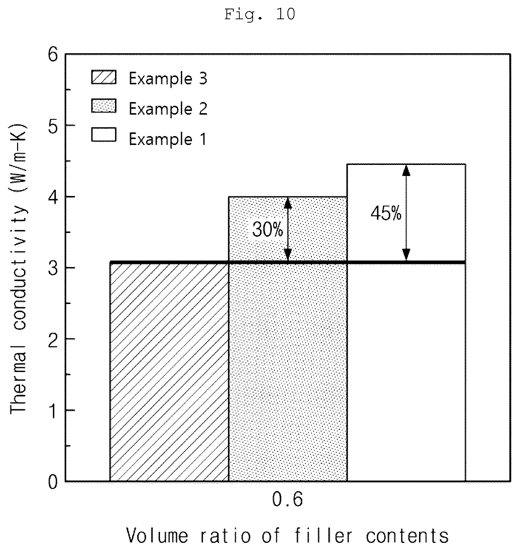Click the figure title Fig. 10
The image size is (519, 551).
[x=260, y=14]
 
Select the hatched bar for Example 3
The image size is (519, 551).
[x=169, y=372]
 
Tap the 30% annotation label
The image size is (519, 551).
[x=267, y=229]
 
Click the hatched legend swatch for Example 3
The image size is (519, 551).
[x=104, y=77]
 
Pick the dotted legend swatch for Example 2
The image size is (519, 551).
[x=104, y=106]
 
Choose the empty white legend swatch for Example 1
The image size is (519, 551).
[x=104, y=135]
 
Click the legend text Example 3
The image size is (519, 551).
[x=168, y=78]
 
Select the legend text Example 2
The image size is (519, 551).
[x=168, y=108]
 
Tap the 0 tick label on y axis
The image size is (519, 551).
[x=53, y=483]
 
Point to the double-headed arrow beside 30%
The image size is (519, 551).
[x=288, y=229]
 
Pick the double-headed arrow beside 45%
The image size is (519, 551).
[x=406, y=213]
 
